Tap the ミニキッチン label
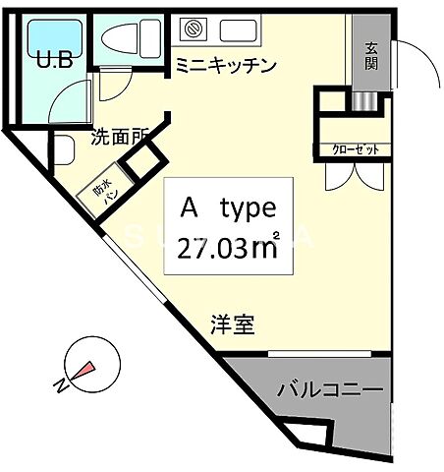(x=226, y=66)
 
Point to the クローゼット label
(x=353, y=150)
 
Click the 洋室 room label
(x=233, y=325)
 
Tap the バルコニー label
(x=330, y=389)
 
